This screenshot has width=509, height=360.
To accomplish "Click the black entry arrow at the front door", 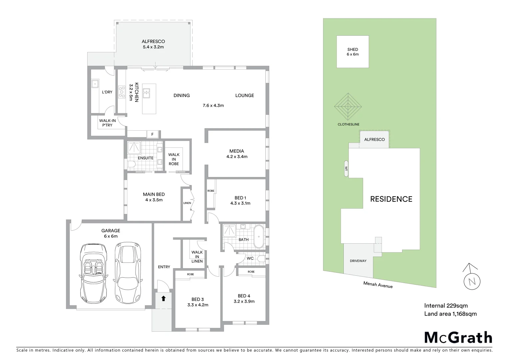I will pyautogui.click(x=163, y=298).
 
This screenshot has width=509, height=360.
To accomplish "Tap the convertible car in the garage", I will pyautogui.click(x=94, y=273).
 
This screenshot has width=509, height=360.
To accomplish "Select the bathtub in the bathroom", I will pyautogui.click(x=258, y=236).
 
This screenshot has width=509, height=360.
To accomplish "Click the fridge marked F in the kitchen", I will pyautogui.click(x=153, y=134).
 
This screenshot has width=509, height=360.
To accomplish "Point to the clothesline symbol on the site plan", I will pyautogui.click(x=348, y=107).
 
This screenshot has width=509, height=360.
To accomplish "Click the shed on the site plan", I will pyautogui.click(x=352, y=52).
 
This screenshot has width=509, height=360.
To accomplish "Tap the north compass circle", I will pyautogui.click(x=472, y=282).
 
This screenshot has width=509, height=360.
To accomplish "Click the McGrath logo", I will pyautogui.click(x=458, y=338).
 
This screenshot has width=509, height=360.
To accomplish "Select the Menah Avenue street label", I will pyautogui.click(x=378, y=285).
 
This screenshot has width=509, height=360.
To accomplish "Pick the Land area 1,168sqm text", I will pyautogui.click(x=450, y=314).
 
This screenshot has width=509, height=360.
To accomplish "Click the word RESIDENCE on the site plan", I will pyautogui.click(x=391, y=199).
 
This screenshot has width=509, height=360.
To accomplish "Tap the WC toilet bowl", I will pyautogui.click(x=261, y=258).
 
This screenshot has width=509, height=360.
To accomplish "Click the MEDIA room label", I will pyautogui.click(x=237, y=151).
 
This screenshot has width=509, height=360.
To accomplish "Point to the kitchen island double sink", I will pyautogui.click(x=146, y=93).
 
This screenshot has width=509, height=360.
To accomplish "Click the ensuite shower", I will pyautogui.click(x=134, y=147).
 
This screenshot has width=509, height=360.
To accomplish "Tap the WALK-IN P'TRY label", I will pyautogui.click(x=107, y=123).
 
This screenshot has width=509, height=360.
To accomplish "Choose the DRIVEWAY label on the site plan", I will pyautogui.click(x=358, y=261).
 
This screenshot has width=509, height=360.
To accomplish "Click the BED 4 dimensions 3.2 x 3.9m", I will pyautogui.click(x=244, y=301).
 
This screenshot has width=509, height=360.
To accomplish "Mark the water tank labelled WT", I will pyautogui.click(x=346, y=169).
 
